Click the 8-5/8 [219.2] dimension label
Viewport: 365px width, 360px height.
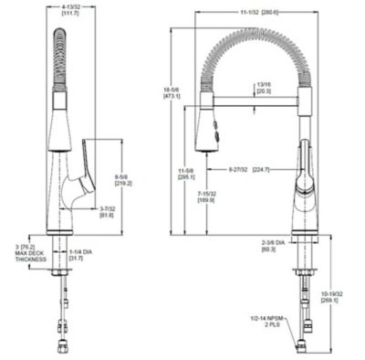click(122, 179)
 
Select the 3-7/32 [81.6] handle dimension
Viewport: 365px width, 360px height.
click(108, 212)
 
